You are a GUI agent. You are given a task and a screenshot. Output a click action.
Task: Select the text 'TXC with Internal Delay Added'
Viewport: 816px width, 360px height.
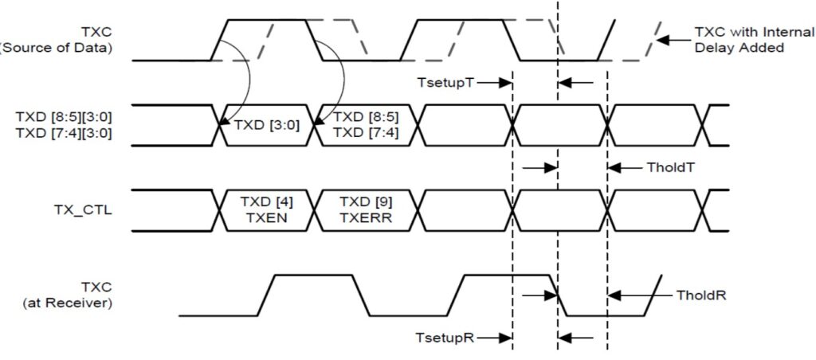tap(739, 41)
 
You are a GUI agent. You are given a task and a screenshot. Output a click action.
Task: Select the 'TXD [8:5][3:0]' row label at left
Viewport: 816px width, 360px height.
tap(63, 116)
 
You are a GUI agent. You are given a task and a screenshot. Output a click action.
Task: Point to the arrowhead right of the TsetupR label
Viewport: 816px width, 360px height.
tap(505, 338)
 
